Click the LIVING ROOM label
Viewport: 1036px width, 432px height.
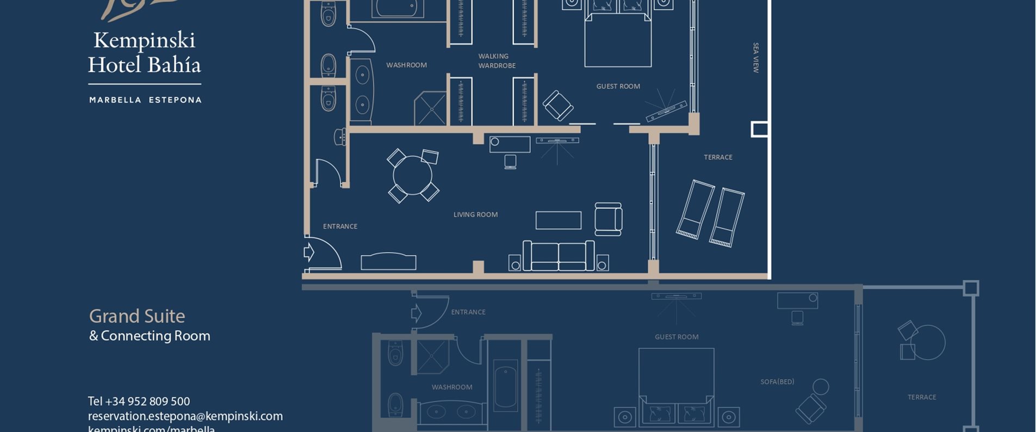pyautogui.click(x=475, y=214)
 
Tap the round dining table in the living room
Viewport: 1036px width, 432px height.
pyautogui.click(x=412, y=175)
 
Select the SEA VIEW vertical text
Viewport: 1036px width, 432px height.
pyautogui.click(x=755, y=58)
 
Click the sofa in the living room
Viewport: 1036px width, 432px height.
pyautogui.click(x=558, y=256)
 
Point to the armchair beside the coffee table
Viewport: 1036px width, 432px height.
pyautogui.click(x=608, y=219)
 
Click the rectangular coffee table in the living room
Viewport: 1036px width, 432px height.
pyautogui.click(x=558, y=220)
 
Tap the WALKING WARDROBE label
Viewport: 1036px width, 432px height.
pyautogui.click(x=497, y=61)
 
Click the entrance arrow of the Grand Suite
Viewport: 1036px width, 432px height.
pyautogui.click(x=309, y=252)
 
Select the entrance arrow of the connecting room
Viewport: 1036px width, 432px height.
pyautogui.click(x=416, y=313)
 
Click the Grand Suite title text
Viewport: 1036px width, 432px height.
pyautogui.click(x=137, y=316)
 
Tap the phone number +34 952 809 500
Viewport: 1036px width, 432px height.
pyautogui.click(x=139, y=402)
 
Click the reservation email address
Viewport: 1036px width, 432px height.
pyautogui.click(x=185, y=416)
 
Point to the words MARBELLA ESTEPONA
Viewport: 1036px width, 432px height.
pyautogui.click(x=145, y=100)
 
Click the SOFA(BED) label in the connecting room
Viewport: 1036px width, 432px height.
pyautogui.click(x=777, y=382)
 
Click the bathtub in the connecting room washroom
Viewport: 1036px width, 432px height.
pyautogui.click(x=505, y=386)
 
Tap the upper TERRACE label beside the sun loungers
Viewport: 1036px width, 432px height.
pyautogui.click(x=718, y=157)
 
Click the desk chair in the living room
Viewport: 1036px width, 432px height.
pyautogui.click(x=510, y=162)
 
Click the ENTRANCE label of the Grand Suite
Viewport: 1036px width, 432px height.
pyautogui.click(x=340, y=226)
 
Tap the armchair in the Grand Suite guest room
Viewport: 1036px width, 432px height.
pyautogui.click(x=557, y=105)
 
